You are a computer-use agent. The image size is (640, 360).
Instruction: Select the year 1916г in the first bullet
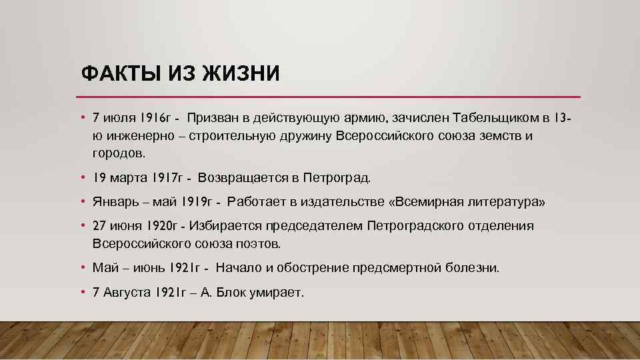pyautogui.click(x=156, y=119)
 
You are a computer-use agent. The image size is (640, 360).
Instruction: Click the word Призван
pyautogui.click(x=212, y=119)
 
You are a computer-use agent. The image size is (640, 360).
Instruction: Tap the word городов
pyautogui.click(x=118, y=153)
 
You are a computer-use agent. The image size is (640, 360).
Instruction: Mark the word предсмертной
pyautogui.click(x=398, y=268)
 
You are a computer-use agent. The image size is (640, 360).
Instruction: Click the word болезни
pyautogui.click(x=473, y=268)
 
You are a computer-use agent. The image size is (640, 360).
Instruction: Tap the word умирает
pyautogui.click(x=277, y=292)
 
